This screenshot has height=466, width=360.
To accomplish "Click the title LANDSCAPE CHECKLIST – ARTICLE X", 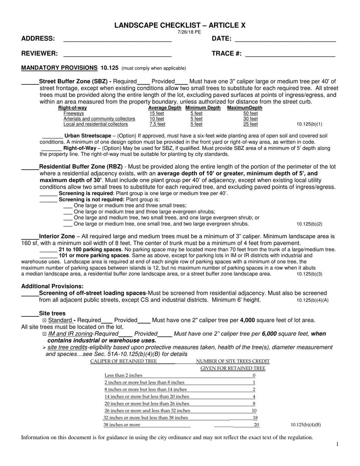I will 180,25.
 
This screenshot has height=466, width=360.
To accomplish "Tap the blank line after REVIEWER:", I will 117,54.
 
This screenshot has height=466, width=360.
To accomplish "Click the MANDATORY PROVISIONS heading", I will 59,68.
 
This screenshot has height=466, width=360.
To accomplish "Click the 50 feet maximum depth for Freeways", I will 250,113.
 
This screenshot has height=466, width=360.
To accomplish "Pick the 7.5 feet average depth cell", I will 157,124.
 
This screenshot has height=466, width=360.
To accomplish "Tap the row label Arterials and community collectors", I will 99,119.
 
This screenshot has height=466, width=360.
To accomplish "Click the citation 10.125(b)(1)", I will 309,124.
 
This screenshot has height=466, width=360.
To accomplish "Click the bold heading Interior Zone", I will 57,236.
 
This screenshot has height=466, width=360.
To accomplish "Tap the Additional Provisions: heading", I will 52,286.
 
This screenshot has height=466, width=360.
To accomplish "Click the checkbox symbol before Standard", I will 45,321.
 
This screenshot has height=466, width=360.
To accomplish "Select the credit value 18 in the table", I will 255,418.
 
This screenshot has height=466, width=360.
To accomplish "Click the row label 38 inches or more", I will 122,425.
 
